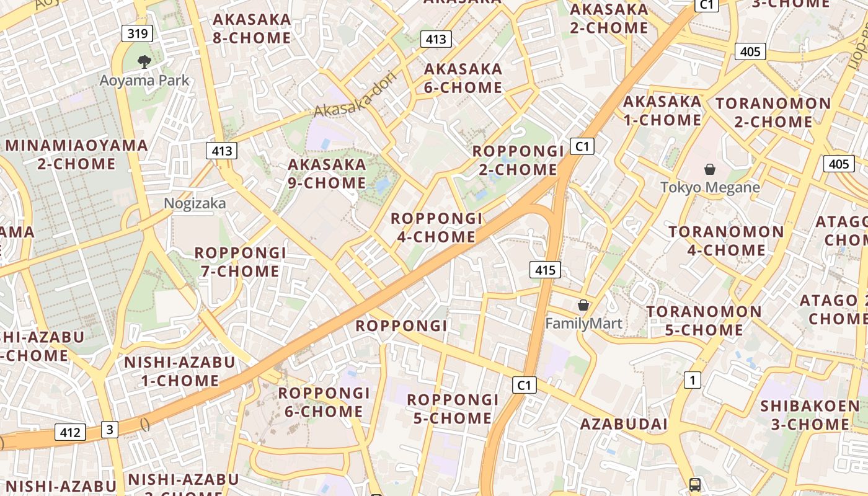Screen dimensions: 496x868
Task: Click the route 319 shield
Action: (x=137, y=33)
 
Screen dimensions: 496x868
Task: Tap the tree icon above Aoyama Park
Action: (x=144, y=61)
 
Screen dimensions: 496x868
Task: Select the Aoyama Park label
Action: (x=144, y=80)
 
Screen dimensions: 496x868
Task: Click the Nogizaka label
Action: (x=195, y=203)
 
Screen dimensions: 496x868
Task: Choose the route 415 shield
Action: (x=545, y=270)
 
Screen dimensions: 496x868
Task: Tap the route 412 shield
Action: (x=69, y=432)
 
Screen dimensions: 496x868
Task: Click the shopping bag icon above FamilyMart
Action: (x=583, y=305)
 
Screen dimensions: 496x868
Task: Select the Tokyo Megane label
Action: (x=710, y=187)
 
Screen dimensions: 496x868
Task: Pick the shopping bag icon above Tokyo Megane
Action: (x=710, y=169)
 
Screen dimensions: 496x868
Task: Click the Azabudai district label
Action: (x=624, y=424)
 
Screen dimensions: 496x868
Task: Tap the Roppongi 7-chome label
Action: (x=241, y=262)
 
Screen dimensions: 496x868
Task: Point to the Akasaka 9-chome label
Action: (x=327, y=174)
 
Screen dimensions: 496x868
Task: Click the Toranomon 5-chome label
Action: (x=704, y=321)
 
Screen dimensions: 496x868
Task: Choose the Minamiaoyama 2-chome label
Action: (x=77, y=154)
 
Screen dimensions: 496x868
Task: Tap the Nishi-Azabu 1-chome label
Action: (x=180, y=371)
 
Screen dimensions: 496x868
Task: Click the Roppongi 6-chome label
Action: (x=324, y=402)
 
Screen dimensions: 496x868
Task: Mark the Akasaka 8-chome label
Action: (x=252, y=29)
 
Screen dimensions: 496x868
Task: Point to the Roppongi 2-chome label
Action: (x=518, y=160)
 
